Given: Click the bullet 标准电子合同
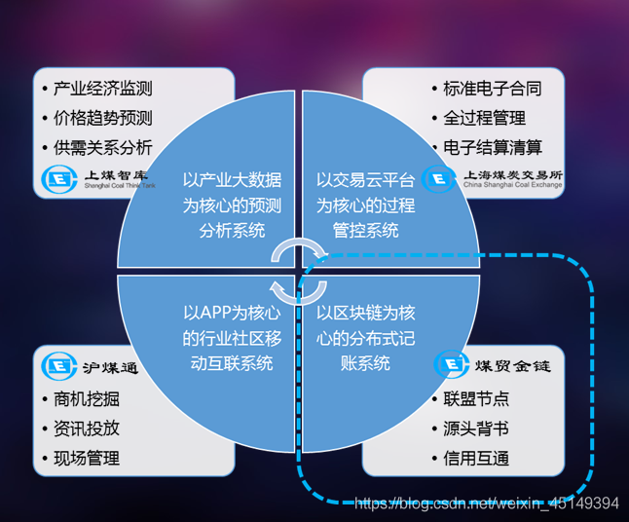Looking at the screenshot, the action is click(492, 89).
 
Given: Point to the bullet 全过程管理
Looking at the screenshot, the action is click(484, 119).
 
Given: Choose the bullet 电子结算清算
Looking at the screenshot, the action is click(492, 148).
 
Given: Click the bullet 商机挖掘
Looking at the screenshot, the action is click(87, 398).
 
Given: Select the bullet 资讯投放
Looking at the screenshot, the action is click(87, 428).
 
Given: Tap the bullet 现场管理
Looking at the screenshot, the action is click(87, 458).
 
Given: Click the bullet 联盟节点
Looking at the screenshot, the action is click(475, 398).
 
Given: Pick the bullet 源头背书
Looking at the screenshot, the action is click(475, 428).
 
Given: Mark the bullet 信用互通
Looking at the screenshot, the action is click(475, 458).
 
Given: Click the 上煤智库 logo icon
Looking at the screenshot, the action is click(57, 179).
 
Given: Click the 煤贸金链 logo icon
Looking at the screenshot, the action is click(450, 364).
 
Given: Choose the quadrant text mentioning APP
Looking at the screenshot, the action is click(232, 337).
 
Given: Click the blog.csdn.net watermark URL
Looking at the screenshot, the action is click(486, 503).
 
